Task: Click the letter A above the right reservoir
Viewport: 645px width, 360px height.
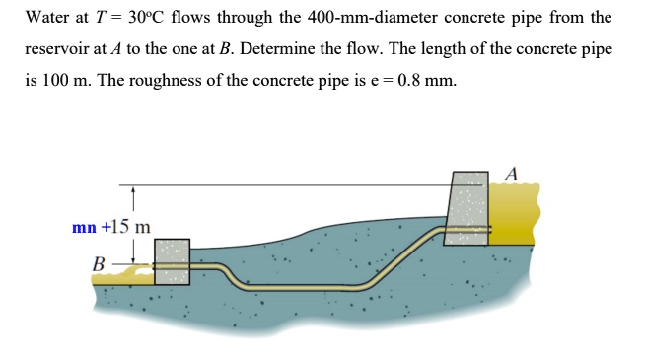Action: click(510, 174)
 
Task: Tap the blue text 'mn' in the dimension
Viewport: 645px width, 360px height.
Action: click(83, 227)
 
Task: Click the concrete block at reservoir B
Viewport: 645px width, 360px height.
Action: click(172, 261)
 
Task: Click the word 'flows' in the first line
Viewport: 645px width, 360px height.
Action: click(193, 18)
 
